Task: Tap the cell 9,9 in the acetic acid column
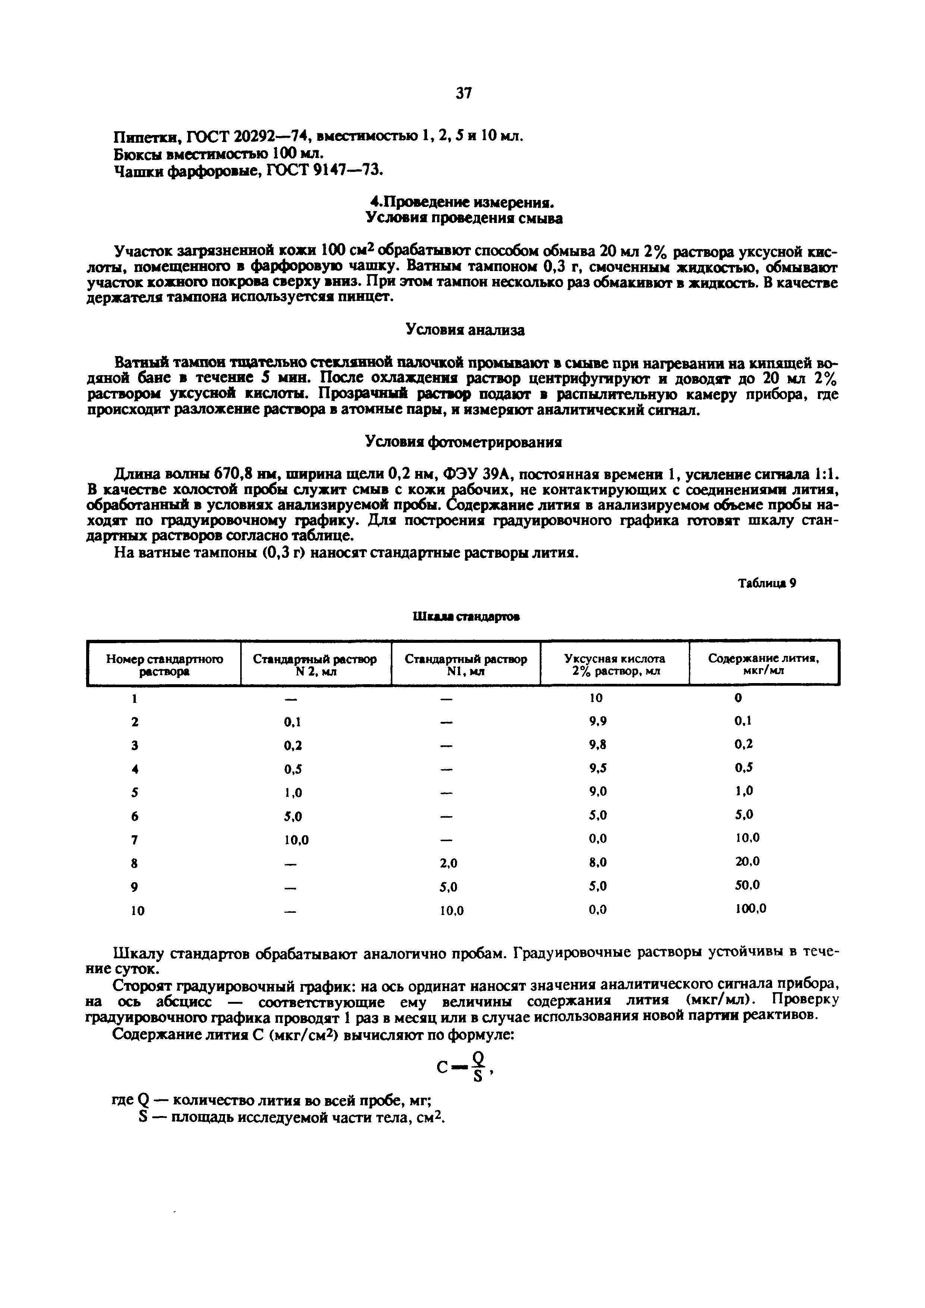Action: pyautogui.click(x=598, y=721)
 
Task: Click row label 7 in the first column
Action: pyautogui.click(x=135, y=840)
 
